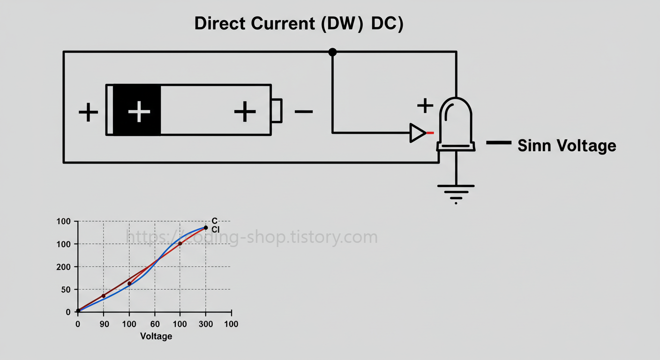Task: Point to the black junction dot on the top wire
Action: coord(332,52)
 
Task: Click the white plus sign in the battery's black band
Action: coord(139,112)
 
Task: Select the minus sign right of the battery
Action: coord(304,112)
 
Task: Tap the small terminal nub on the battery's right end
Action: coord(276,111)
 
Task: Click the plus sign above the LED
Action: coord(425,105)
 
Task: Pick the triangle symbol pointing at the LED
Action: coord(417,133)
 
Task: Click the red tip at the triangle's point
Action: coord(430,133)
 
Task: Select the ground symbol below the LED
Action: coord(456,192)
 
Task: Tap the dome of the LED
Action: coord(456,117)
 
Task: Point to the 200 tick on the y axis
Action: coord(64,267)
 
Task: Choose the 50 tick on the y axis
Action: coord(66,290)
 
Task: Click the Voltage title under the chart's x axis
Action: coord(156,336)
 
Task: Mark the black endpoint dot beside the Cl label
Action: coord(205,228)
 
